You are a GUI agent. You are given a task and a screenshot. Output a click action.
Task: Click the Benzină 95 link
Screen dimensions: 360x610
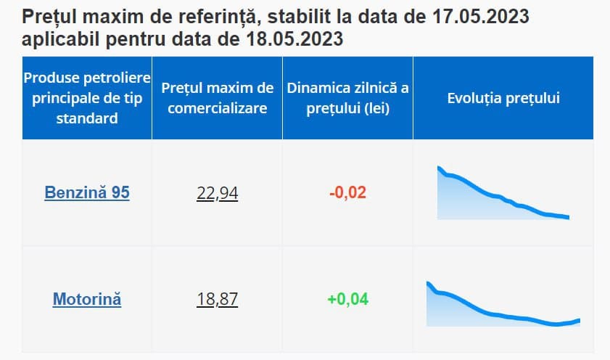87,194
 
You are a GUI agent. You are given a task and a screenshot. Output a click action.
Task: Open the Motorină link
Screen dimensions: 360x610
87,299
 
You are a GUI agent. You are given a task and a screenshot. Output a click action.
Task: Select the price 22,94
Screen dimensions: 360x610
218,194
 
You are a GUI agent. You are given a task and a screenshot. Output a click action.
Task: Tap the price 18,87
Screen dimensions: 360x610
218,299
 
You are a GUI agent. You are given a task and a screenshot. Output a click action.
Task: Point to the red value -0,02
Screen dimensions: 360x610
348,193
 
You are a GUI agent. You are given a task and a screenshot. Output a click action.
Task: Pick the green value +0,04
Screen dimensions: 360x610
348,299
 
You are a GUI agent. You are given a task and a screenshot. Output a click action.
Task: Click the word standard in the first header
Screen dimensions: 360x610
87,118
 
